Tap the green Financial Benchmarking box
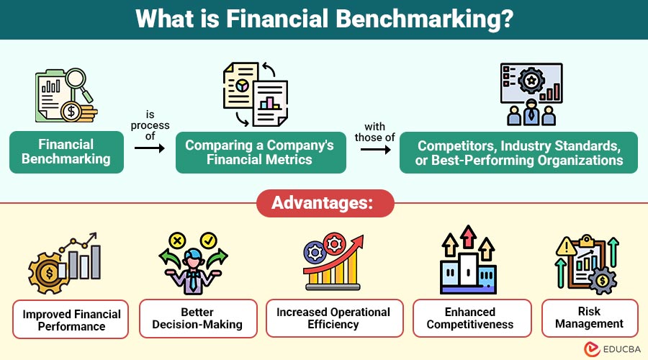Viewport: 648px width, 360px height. [x=66, y=152]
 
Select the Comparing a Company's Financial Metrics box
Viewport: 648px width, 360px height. [x=261, y=152]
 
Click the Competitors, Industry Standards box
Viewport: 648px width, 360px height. [x=518, y=153]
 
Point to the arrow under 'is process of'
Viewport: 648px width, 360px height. [x=150, y=148]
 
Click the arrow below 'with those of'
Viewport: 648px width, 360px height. [x=375, y=149]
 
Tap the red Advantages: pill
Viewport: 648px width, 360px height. [x=325, y=203]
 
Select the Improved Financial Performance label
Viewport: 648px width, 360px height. [x=71, y=320]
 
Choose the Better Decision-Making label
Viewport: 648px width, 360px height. [x=198, y=318]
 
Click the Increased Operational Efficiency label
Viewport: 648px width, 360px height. [x=334, y=318]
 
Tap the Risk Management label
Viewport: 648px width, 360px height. [x=590, y=318]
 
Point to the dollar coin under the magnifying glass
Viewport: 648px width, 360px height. [x=71, y=111]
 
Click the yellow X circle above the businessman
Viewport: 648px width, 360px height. [x=177, y=240]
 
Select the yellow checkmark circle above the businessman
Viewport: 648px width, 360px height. [x=208, y=240]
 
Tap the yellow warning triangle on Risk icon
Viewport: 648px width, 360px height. [x=566, y=247]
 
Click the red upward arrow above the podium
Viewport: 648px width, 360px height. [x=468, y=236]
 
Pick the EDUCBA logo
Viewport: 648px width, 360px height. [x=612, y=349]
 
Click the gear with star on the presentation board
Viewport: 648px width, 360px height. [x=531, y=81]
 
